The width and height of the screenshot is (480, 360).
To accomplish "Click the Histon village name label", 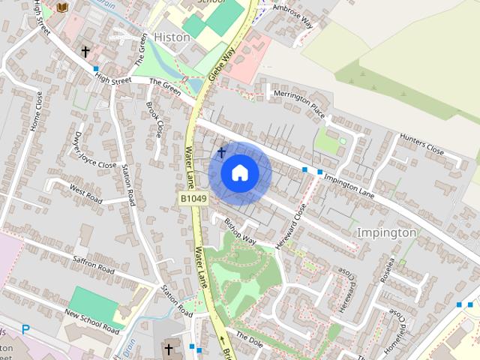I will click(172, 37).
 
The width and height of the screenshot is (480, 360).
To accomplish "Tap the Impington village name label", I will click(386, 232).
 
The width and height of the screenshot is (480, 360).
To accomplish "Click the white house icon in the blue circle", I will click(240, 172).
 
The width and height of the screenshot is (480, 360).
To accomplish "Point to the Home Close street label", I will click(35, 112).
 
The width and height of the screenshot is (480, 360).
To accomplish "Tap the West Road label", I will click(85, 194).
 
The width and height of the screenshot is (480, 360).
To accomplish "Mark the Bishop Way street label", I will click(240, 232).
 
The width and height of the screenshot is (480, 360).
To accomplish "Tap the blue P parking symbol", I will click(26, 329).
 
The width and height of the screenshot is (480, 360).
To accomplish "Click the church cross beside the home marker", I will click(221, 153).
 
